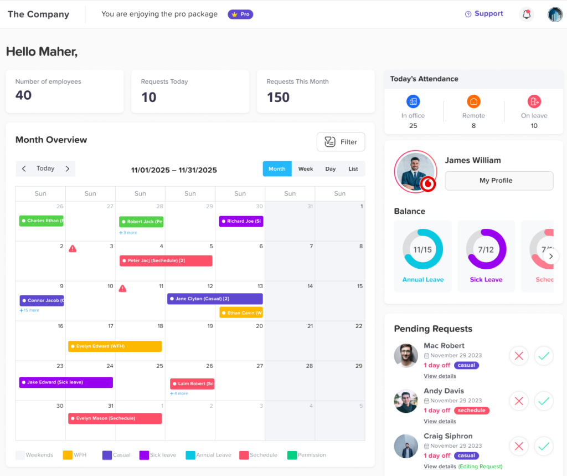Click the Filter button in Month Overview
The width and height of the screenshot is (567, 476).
[341, 142]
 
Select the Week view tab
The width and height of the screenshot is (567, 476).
[306, 169]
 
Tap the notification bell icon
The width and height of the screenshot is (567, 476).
[527, 14]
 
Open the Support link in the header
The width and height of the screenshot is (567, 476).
[484, 14]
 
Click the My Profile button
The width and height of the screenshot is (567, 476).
[499, 181]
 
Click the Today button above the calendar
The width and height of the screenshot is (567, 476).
[45, 168]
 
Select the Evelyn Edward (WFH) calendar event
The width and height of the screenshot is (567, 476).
[115, 346]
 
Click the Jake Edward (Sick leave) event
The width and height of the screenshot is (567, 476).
[66, 382]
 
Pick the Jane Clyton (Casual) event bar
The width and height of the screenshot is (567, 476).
[215, 299]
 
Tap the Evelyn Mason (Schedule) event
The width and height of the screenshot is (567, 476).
[115, 418]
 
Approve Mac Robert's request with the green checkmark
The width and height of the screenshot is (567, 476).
[544, 356]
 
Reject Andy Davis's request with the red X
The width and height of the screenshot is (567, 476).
[519, 401]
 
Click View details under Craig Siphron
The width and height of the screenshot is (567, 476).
[440, 467]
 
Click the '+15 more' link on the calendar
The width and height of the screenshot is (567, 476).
[29, 310]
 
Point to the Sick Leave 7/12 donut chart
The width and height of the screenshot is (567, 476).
[486, 249]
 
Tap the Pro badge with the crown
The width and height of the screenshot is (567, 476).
[240, 14]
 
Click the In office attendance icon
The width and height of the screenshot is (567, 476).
[413, 101]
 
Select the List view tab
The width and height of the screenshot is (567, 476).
[353, 169]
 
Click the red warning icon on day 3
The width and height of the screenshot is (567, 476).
[73, 249]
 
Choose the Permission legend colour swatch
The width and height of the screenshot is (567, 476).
[292, 455]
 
